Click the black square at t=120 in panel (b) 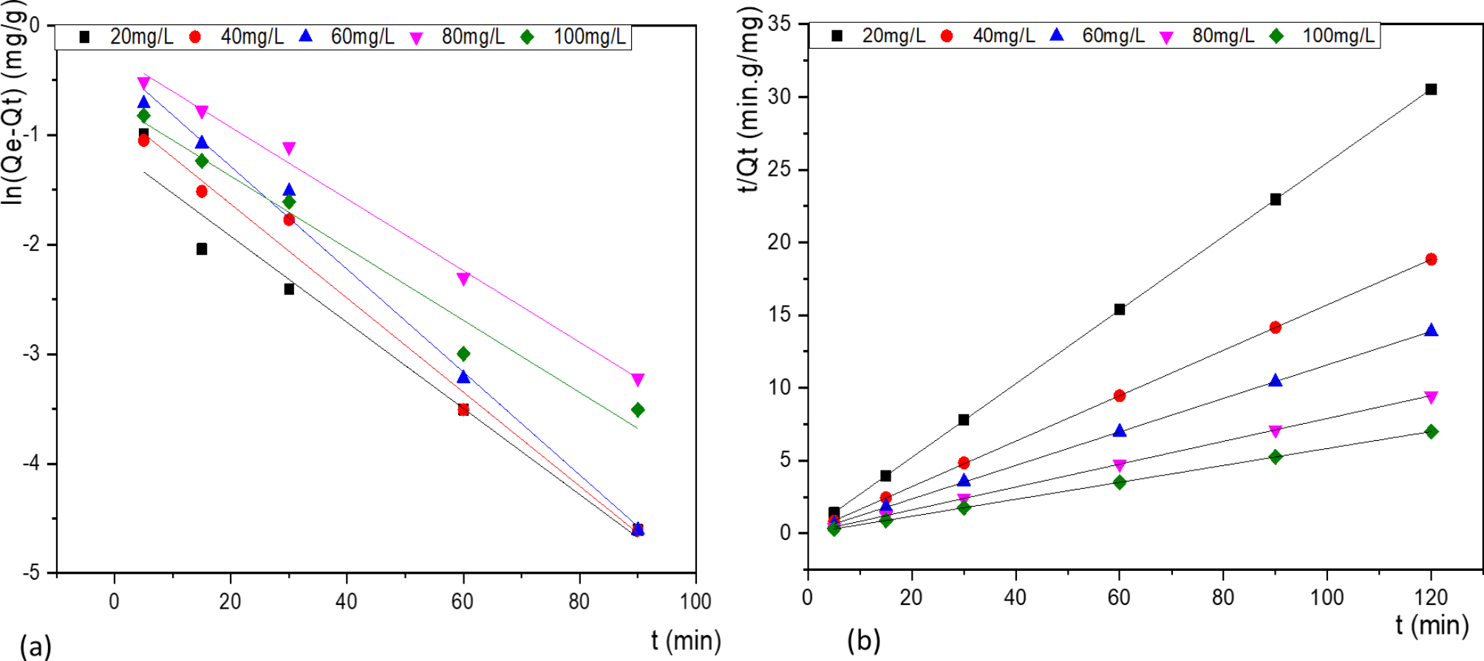pyautogui.click(x=1431, y=89)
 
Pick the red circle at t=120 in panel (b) pyautogui.click(x=1431, y=259)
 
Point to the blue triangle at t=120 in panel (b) pyautogui.click(x=1431, y=331)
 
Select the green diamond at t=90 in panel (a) pyautogui.click(x=638, y=410)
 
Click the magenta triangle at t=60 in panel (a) pyautogui.click(x=463, y=279)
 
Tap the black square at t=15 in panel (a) pyautogui.click(x=202, y=249)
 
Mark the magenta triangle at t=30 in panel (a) pyautogui.click(x=289, y=148)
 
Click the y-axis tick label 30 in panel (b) pyautogui.click(x=778, y=97)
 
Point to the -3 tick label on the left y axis pyautogui.click(x=31, y=354)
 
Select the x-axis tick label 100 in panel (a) pyautogui.click(x=695, y=601)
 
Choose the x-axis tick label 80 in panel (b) pyautogui.click(x=1223, y=597)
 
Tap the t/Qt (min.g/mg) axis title pyautogui.click(x=749, y=100)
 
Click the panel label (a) pyautogui.click(x=35, y=645)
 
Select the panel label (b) pyautogui.click(x=863, y=640)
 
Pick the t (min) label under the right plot pyautogui.click(x=1432, y=625)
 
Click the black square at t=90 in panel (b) pyautogui.click(x=1275, y=199)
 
